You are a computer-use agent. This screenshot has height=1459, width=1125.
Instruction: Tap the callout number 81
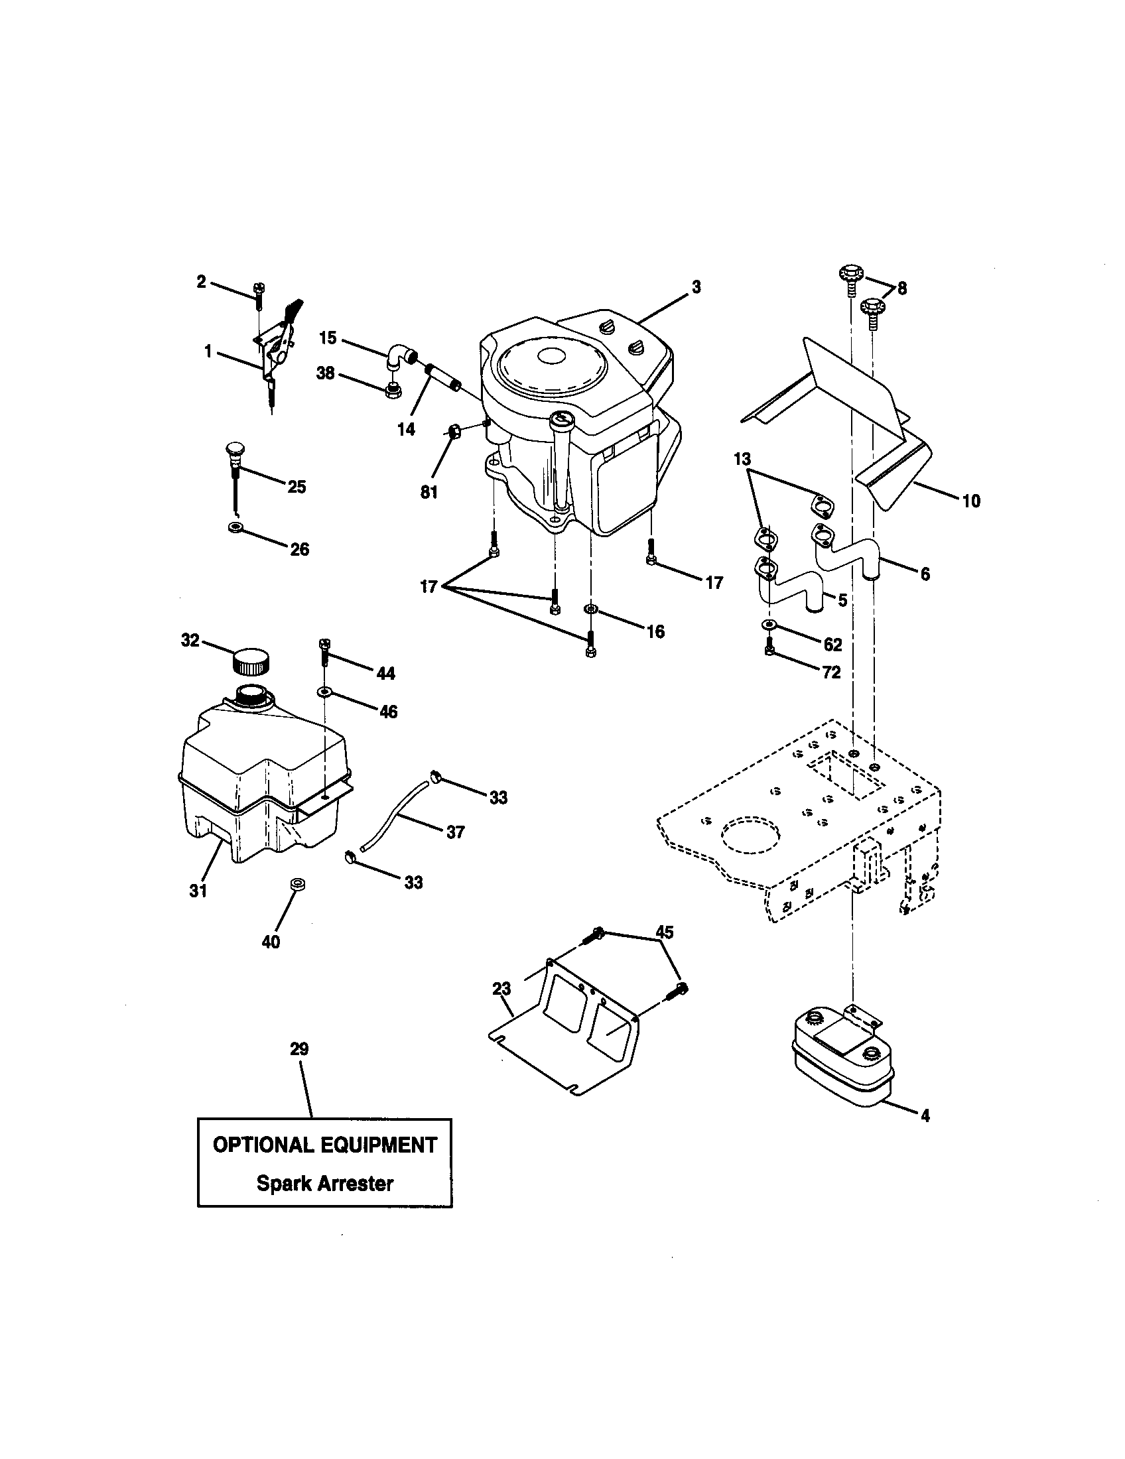coord(429,492)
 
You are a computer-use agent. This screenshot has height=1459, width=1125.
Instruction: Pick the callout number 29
coord(299,1050)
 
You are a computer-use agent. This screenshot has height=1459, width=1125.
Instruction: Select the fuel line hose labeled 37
coord(394,813)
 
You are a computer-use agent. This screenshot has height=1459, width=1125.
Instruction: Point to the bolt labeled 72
coord(770,647)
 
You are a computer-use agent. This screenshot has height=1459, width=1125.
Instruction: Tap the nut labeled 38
coord(393,390)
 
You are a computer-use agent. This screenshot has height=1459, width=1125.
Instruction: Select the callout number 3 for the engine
coord(695,287)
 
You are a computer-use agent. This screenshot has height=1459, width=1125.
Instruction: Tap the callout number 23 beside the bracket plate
coord(501,989)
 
